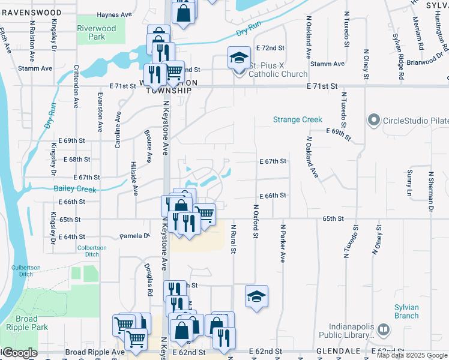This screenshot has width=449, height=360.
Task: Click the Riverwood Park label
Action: tap(96, 32)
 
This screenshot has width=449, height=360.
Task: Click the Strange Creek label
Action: tap(298, 119)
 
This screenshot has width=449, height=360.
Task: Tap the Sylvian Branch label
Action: tap(406, 311)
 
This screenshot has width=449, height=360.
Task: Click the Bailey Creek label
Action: tap(74, 189)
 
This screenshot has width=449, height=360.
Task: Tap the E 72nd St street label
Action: tap(270, 47)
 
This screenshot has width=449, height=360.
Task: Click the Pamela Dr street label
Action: tap(133, 236)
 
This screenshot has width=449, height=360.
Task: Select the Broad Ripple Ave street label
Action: tap(94, 352)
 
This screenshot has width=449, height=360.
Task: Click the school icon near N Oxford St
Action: tap(256, 296)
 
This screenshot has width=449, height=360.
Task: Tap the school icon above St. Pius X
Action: tap(238, 58)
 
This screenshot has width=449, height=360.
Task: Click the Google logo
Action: tap(20, 353)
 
